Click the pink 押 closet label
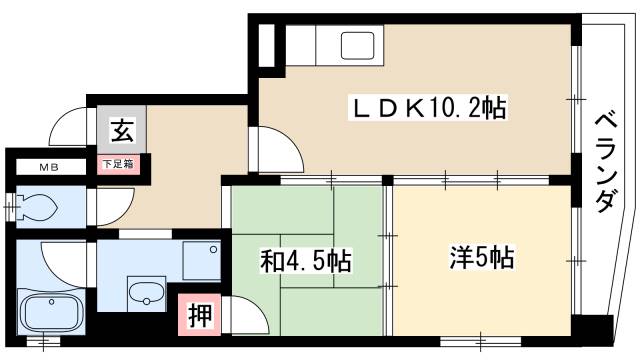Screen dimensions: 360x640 coord(198,315)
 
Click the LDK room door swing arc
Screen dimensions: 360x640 coord(278,150)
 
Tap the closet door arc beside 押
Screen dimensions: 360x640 coord(244,318)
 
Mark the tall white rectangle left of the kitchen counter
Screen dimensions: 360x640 coord(267,46)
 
